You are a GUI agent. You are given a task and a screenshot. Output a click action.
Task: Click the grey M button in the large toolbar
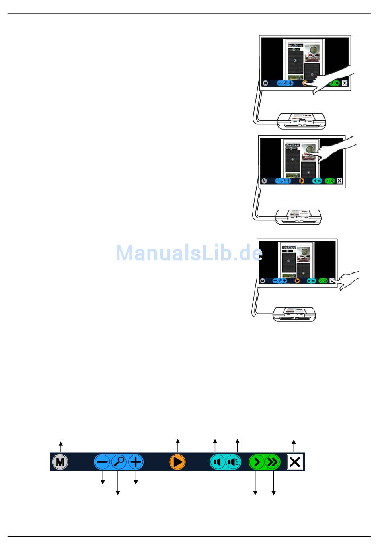60,462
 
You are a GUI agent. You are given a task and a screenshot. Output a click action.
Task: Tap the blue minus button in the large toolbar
102,462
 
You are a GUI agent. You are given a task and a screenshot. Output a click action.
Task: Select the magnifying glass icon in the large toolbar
119,462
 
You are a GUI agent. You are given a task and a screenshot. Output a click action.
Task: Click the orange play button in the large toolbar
177,462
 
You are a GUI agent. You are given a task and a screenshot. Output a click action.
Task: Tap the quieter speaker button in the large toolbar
217,462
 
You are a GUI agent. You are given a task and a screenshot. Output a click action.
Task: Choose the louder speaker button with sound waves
234,462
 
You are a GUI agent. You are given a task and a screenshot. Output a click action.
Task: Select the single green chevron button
257,462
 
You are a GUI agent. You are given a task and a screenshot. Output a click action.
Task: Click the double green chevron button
273,462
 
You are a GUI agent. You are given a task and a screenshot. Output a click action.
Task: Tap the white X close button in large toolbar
294,462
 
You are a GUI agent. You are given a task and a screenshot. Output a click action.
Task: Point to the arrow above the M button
60,445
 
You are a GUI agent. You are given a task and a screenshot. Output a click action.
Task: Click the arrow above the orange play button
178,445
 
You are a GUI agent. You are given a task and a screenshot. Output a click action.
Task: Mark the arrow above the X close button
294,445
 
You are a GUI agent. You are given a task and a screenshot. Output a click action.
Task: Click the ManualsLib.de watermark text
189,253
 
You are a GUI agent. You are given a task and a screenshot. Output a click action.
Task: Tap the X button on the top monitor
345,83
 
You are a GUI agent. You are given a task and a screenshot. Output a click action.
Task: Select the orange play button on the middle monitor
302,181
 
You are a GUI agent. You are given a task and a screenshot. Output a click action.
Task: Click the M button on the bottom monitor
262,281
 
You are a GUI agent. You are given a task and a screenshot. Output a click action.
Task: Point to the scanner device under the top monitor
302,121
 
